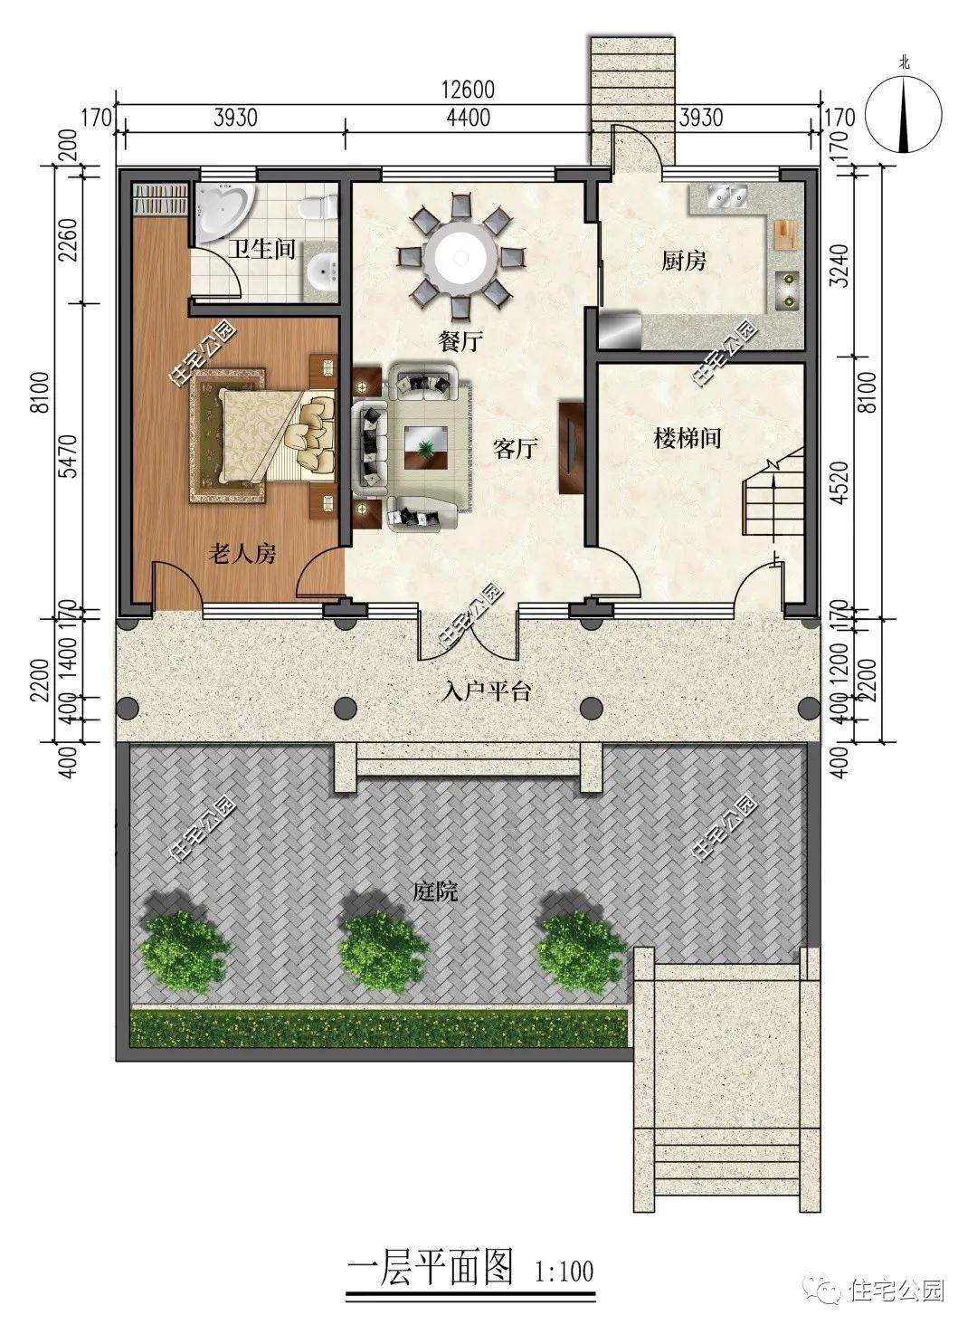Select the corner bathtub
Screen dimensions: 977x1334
click(223, 212)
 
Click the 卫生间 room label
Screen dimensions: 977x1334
click(261, 248)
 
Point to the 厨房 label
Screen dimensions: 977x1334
click(684, 261)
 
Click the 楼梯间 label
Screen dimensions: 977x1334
click(687, 438)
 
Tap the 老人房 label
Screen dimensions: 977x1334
click(242, 554)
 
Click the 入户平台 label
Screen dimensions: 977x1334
click(487, 691)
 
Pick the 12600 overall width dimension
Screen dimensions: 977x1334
click(468, 90)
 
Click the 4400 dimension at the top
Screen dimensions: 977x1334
click(469, 118)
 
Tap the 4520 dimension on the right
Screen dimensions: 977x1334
click(839, 483)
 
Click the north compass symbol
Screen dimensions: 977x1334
click(904, 113)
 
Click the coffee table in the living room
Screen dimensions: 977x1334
click(426, 447)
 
